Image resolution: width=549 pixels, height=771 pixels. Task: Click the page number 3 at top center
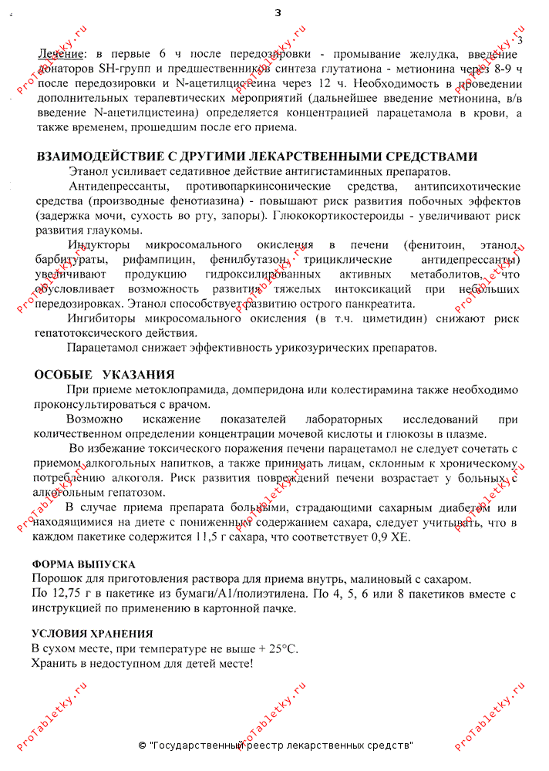(x=278, y=12)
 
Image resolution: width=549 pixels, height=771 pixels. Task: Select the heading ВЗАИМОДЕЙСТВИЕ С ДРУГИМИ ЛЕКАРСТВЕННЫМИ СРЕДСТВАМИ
(x=257, y=157)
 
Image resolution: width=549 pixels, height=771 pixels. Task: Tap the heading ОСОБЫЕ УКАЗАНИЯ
(x=104, y=375)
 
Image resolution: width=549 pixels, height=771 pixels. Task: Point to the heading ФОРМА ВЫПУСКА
(x=83, y=564)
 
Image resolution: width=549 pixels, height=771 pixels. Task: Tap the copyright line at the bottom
(x=275, y=746)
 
